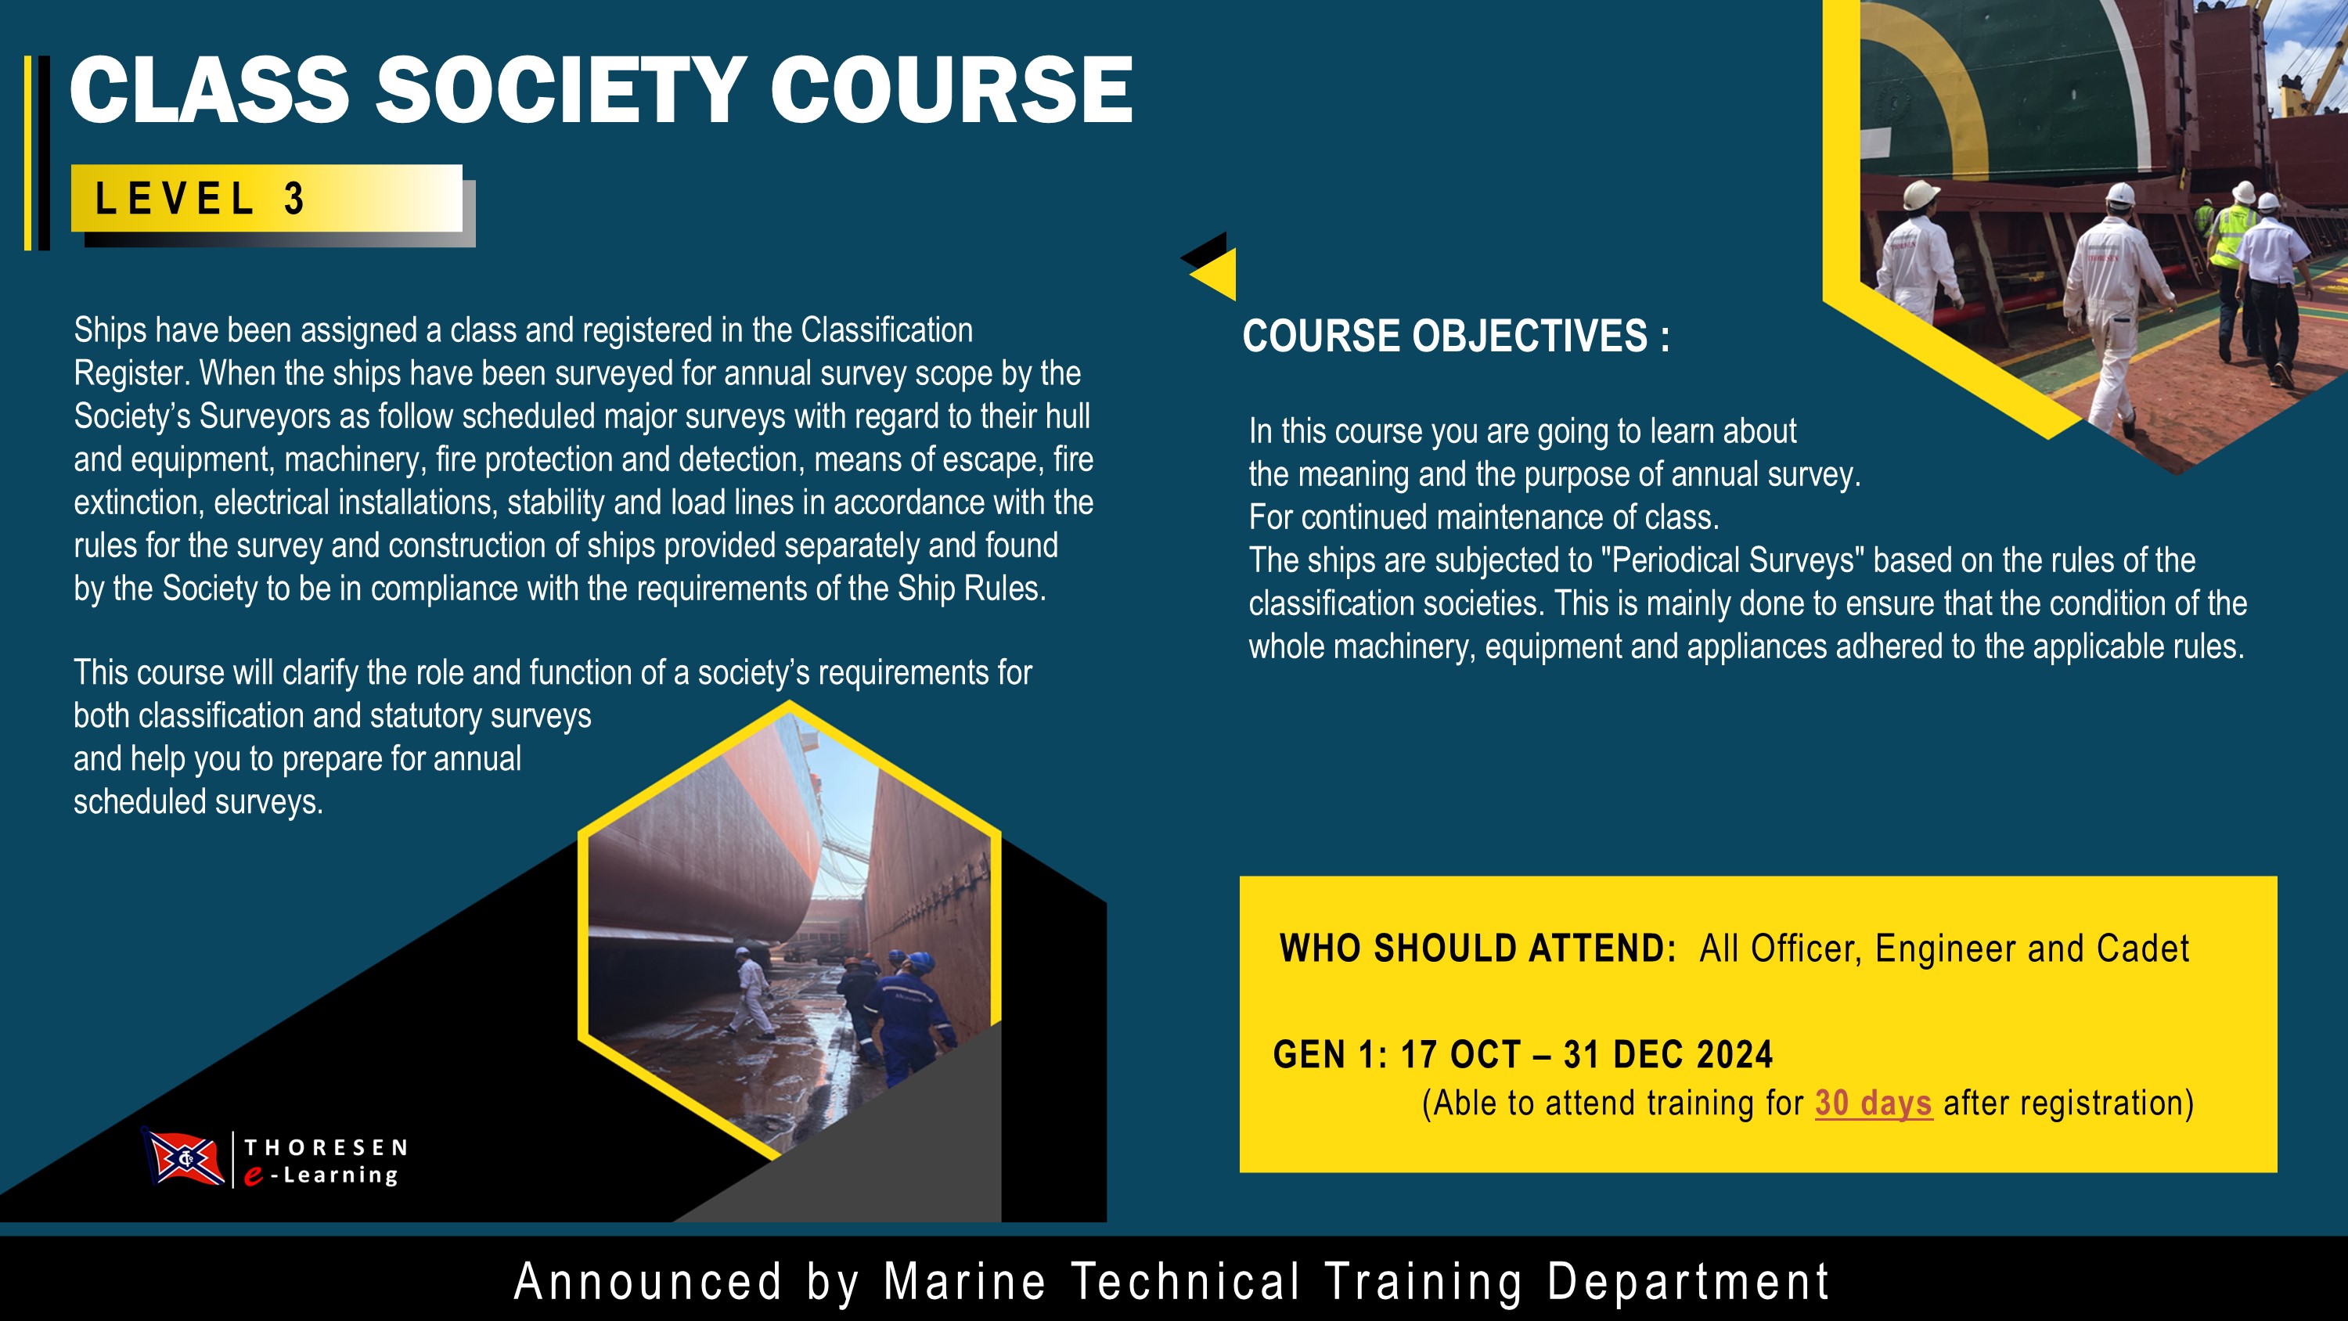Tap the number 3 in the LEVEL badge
pyautogui.click(x=293, y=199)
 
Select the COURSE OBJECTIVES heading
pyautogui.click(x=1456, y=336)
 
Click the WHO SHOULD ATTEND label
pyautogui.click(x=1478, y=948)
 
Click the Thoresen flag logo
pyautogui.click(x=184, y=1157)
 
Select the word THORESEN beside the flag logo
pyautogui.click(x=326, y=1146)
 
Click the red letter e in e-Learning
pyautogui.click(x=254, y=1176)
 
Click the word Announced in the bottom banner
pyautogui.click(x=648, y=1281)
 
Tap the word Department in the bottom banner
pyautogui.click(x=1688, y=1281)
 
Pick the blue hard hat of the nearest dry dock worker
pyautogui.click(x=920, y=962)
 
